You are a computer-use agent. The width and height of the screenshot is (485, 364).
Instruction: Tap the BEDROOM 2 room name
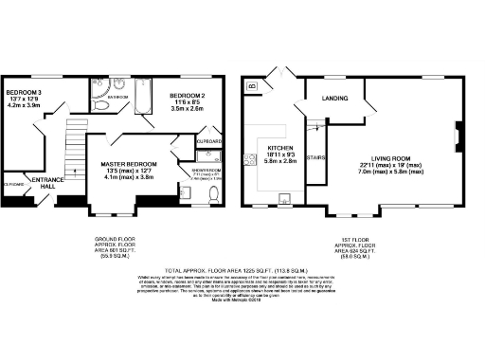188,96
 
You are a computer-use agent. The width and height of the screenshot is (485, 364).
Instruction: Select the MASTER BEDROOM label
128,164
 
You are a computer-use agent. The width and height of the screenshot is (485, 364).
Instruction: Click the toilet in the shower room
214,194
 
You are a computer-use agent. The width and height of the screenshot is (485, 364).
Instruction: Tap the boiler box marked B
252,86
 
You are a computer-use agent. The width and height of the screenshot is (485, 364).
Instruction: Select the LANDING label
334,98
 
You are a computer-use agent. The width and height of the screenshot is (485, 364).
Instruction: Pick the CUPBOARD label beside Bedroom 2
208,141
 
